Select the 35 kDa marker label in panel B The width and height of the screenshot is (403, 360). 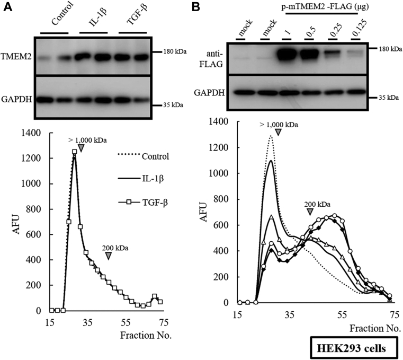coord(388,98)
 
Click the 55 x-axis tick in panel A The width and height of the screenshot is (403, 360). coord(126,322)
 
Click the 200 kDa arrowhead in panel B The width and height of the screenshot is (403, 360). coord(310,213)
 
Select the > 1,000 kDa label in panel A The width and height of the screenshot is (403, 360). coord(87,140)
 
